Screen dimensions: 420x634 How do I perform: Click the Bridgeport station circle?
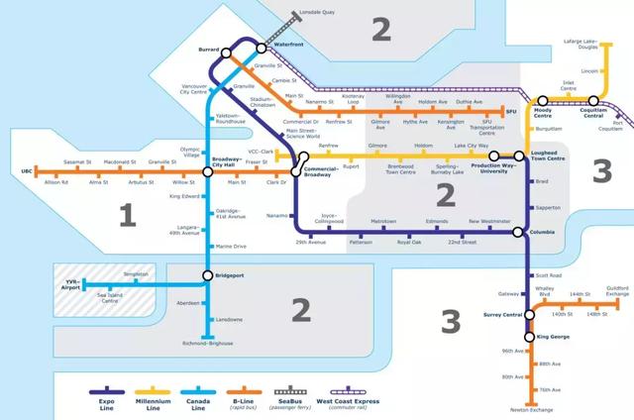point(207,274)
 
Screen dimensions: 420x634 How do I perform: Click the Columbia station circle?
point(517,232)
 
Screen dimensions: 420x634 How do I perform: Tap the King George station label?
point(556,338)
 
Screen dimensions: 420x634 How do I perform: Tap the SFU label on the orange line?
point(512,112)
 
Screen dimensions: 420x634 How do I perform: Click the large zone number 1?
point(126,215)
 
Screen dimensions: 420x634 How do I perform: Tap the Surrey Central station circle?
point(529,315)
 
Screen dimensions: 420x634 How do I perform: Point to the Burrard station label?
point(207,48)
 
